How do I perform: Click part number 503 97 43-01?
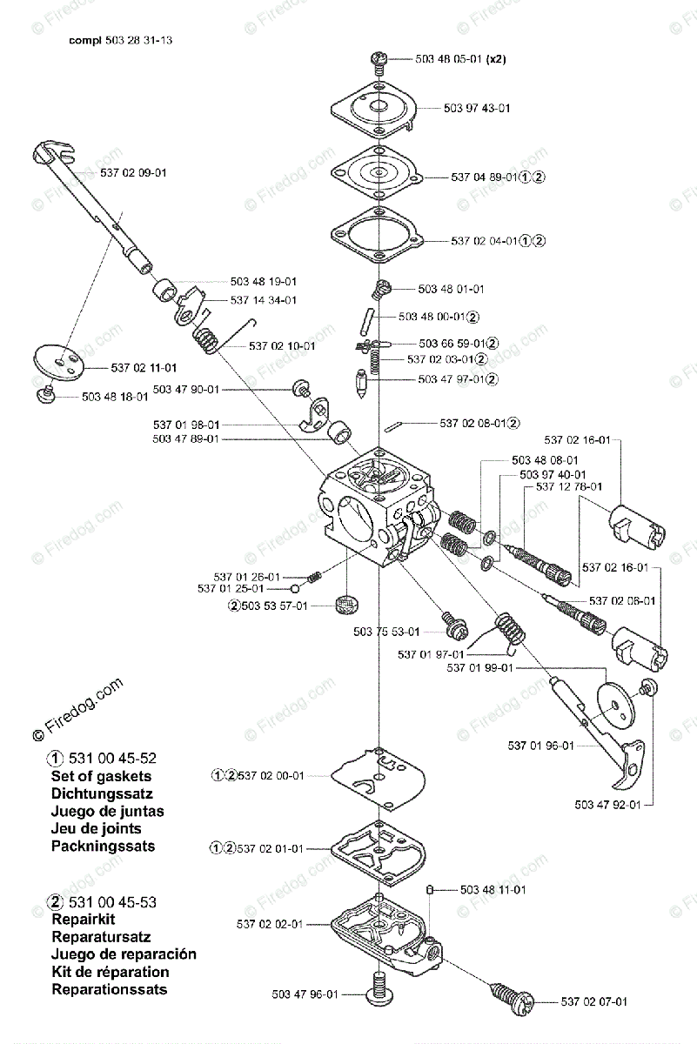476,108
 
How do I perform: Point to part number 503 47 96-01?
305,994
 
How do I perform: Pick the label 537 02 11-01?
144,367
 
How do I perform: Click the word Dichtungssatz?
107,793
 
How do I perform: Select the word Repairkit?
84,920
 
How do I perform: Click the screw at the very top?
380,59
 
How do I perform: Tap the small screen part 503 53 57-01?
346,604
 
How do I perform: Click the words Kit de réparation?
111,972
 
